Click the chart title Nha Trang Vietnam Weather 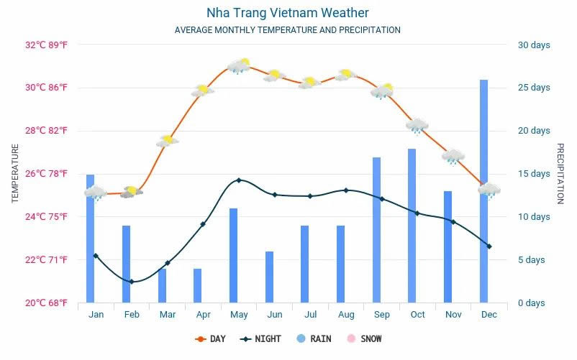pyautogui.click(x=287, y=13)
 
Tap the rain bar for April pyautogui.click(x=197, y=285)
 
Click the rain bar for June pyautogui.click(x=269, y=277)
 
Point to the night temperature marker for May pyautogui.click(x=239, y=180)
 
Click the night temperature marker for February pyautogui.click(x=132, y=282)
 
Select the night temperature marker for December pyautogui.click(x=489, y=246)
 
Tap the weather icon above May pyautogui.click(x=238, y=66)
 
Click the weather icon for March pyautogui.click(x=167, y=141)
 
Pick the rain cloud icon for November pyautogui.click(x=453, y=157)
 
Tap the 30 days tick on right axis pyautogui.click(x=534, y=45)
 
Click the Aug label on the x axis pyautogui.click(x=346, y=315)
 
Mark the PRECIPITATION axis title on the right pyautogui.click(x=560, y=173)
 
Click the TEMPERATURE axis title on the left pyautogui.click(x=15, y=173)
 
